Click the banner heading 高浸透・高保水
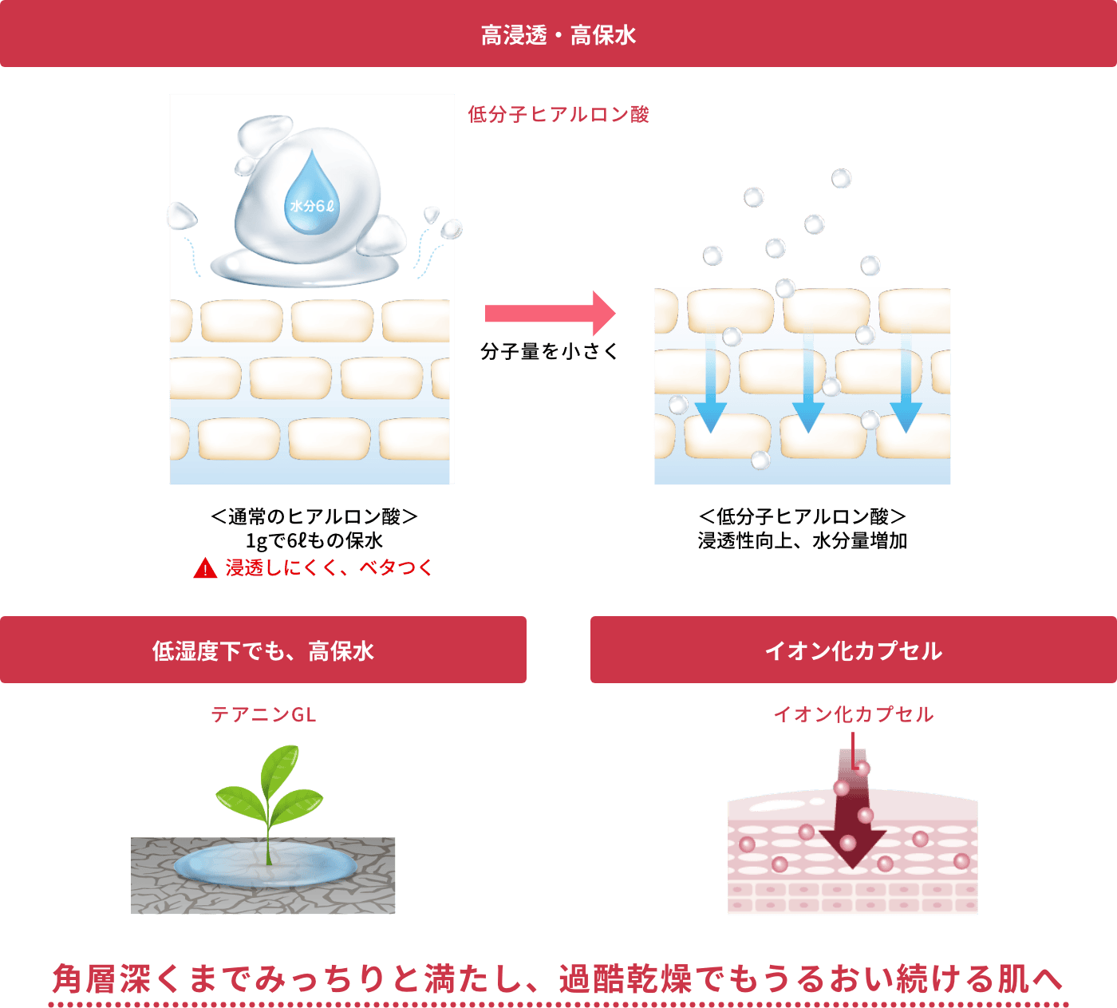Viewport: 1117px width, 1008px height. [x=558, y=35]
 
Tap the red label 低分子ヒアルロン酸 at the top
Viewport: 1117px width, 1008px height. [x=558, y=114]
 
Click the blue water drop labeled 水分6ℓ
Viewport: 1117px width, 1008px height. [x=312, y=192]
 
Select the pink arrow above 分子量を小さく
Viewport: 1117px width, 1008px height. [x=551, y=313]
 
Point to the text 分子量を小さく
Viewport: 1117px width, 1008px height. [x=549, y=352]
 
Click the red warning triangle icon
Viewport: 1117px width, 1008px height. [x=205, y=567]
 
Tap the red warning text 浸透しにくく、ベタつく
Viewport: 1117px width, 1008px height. [x=329, y=567]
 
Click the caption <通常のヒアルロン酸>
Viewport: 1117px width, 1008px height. [x=314, y=516]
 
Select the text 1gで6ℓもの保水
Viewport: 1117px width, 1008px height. [x=314, y=540]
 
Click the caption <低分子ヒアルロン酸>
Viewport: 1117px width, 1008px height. [x=803, y=516]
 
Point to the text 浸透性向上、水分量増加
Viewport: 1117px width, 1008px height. [x=803, y=540]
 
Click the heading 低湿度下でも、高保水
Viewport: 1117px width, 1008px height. [x=262, y=650]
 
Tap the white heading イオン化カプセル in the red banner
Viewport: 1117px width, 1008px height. [x=853, y=650]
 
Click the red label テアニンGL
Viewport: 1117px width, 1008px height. [x=263, y=714]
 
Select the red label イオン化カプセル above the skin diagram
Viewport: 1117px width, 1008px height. [x=853, y=714]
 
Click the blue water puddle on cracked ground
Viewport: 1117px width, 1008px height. [x=265, y=865]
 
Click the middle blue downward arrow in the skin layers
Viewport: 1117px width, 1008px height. [x=808, y=385]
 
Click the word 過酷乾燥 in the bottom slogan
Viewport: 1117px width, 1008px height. [x=626, y=978]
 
